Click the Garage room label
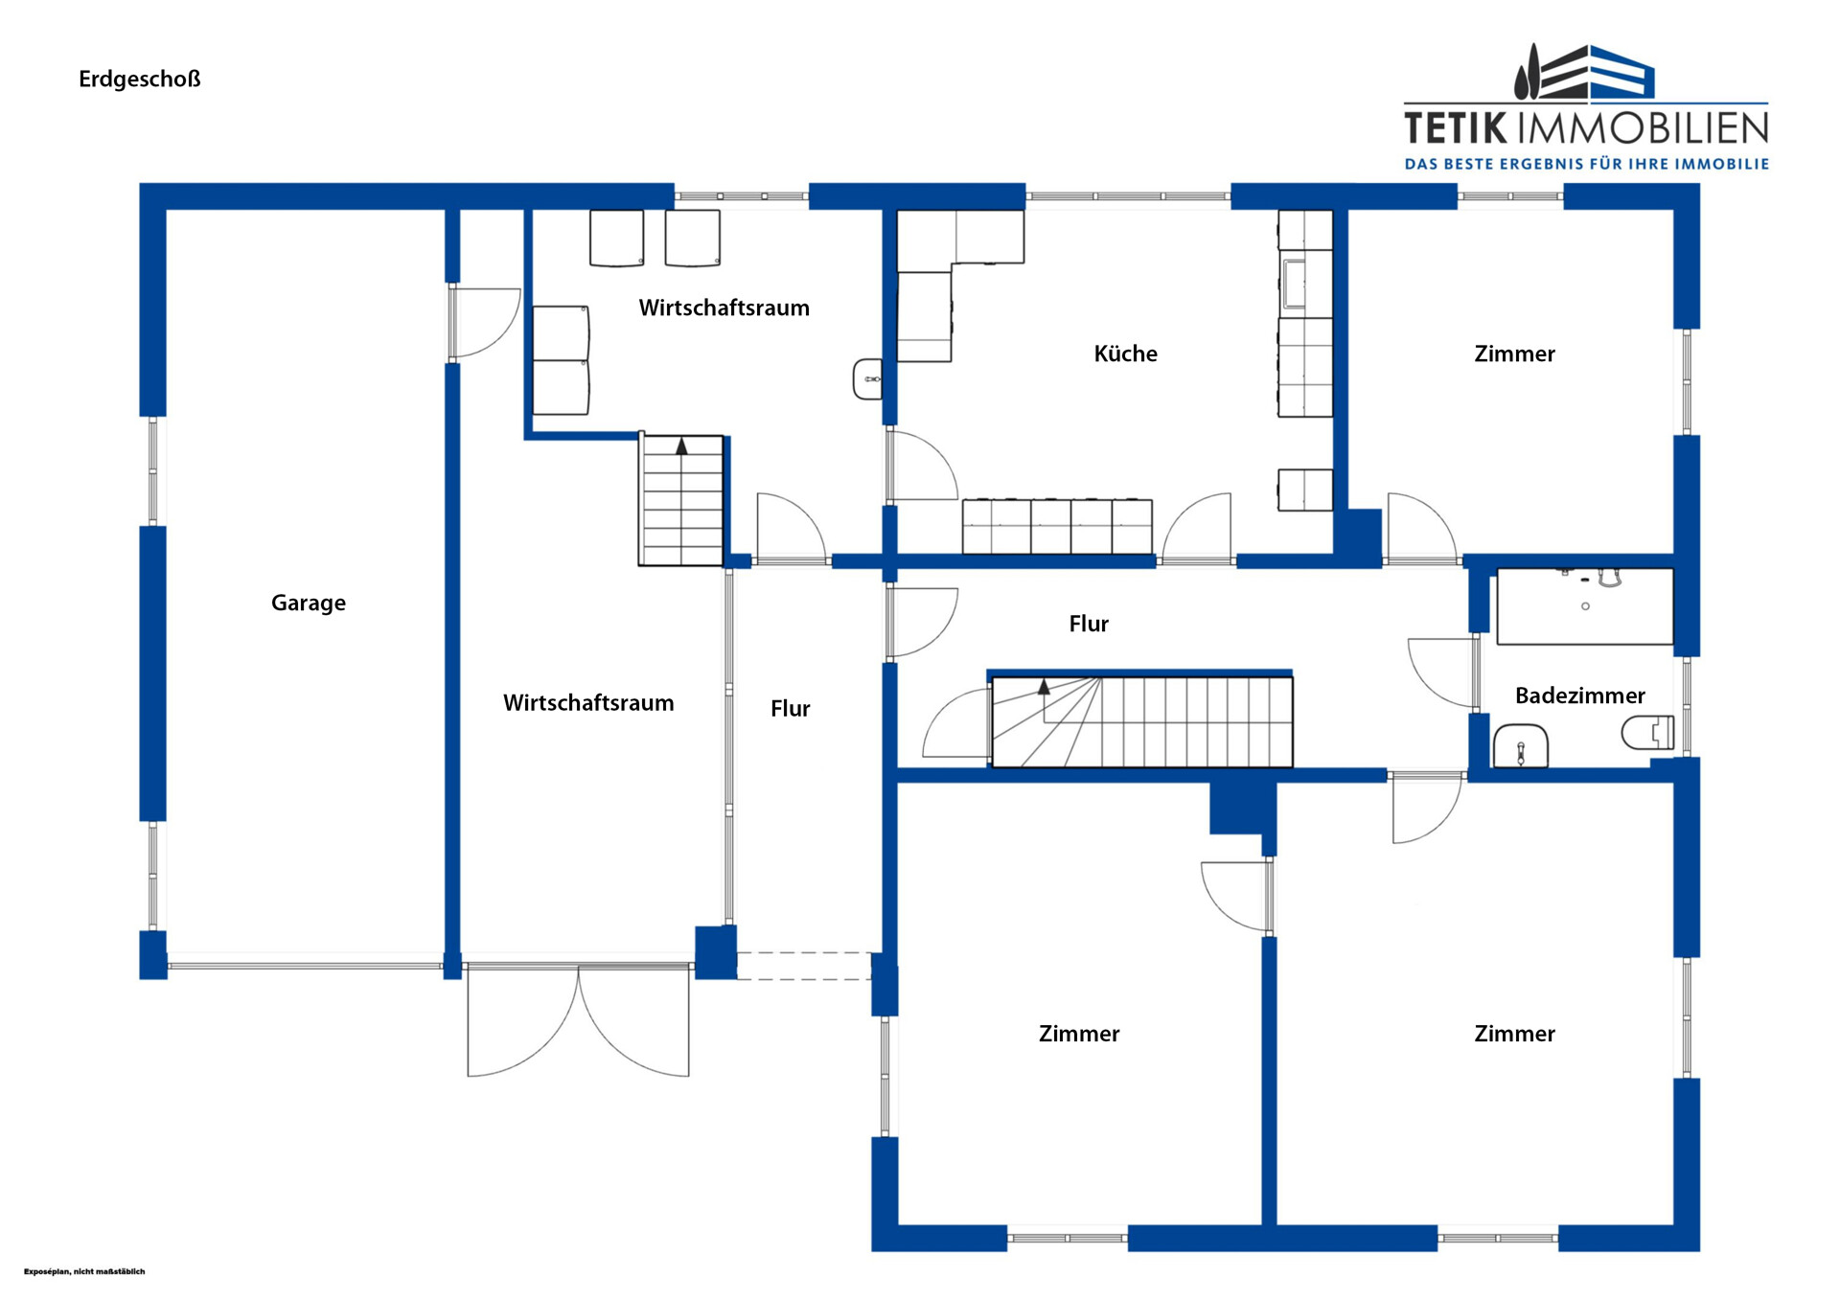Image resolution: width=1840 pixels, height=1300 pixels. (x=308, y=604)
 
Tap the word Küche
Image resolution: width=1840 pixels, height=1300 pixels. (x=1125, y=354)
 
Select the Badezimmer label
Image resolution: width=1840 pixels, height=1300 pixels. (x=1579, y=696)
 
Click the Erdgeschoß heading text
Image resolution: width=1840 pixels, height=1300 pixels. (x=140, y=79)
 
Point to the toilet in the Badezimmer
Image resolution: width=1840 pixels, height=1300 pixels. (x=1647, y=733)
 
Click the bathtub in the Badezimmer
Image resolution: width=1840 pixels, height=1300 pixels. (x=1585, y=606)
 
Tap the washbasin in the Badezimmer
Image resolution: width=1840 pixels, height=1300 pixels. (x=1521, y=746)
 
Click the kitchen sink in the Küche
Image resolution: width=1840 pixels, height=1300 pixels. (x=1294, y=283)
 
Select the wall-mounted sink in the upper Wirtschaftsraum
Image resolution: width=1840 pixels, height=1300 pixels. (x=868, y=379)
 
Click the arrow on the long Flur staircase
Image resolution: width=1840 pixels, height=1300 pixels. (x=1044, y=687)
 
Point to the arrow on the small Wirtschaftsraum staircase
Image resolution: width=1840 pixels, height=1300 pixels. (x=681, y=446)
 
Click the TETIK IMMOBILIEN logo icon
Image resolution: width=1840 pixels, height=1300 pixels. (x=1585, y=72)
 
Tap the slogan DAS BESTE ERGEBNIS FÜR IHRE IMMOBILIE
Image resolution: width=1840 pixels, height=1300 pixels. (x=1587, y=164)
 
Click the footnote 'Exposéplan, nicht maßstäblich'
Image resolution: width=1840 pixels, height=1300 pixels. (x=84, y=1271)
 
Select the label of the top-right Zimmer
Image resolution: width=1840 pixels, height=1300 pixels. (x=1514, y=354)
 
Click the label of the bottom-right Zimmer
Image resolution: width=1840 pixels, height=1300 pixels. (x=1514, y=1034)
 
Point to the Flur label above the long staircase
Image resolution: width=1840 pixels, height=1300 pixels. (x=1089, y=624)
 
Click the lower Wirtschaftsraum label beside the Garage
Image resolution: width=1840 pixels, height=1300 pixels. (x=588, y=703)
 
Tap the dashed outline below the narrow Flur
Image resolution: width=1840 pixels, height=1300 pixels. (x=804, y=966)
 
